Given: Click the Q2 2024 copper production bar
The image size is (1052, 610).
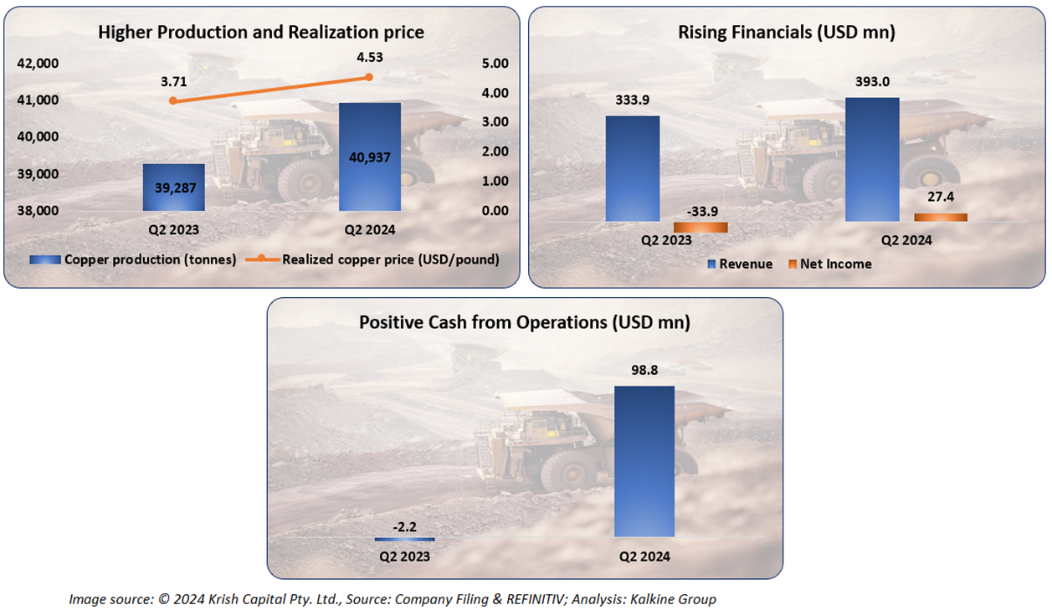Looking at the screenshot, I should [x=369, y=156].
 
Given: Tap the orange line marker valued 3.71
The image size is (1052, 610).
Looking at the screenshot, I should [x=173, y=100].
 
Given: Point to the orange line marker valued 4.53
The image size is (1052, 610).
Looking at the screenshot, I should [x=369, y=77].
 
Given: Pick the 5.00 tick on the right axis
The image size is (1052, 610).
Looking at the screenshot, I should [x=495, y=64].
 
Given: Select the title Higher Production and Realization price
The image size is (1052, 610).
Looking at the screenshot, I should [x=261, y=33].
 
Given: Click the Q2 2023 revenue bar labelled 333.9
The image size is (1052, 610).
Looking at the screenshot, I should [x=633, y=168].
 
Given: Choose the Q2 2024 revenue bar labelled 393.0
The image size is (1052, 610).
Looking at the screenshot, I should [x=872, y=159].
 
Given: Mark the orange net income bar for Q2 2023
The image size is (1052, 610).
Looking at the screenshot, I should [x=700, y=227].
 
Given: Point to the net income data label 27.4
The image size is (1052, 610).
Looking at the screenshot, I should [x=941, y=197].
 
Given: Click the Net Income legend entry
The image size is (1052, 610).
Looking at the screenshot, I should [x=835, y=264].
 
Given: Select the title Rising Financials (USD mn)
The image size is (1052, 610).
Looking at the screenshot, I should [x=787, y=33].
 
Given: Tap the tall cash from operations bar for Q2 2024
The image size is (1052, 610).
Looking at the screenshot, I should [x=644, y=460].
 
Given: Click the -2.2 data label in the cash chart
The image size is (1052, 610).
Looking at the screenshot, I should [x=405, y=526].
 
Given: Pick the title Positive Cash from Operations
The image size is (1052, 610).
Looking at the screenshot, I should [x=525, y=322].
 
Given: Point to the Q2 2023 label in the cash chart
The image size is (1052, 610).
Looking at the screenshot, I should [x=405, y=556].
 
